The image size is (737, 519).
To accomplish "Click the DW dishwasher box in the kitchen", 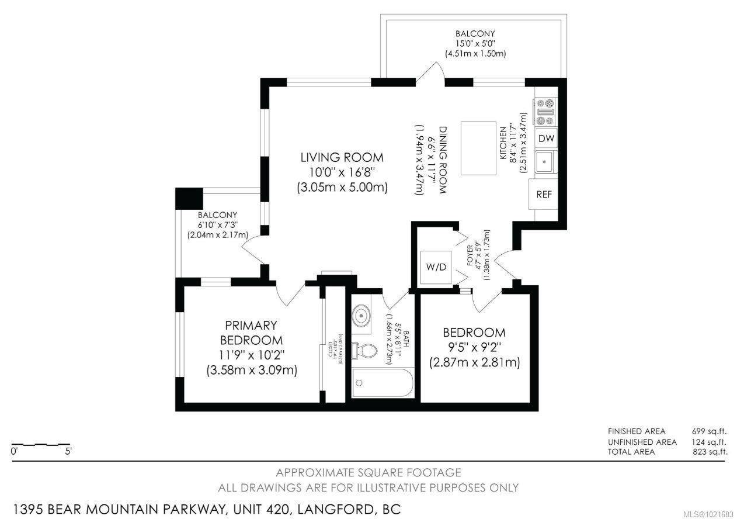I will coord(546,139).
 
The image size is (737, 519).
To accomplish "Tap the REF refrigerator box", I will coord(544,195).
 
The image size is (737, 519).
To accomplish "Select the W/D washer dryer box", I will coord(436,268).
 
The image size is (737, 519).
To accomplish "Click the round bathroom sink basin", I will coord(362,316).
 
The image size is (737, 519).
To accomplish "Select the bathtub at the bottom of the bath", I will coord(383,384).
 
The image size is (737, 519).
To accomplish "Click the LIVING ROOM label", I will coord(342,157).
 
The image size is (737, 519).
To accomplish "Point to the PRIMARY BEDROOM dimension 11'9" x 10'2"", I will coord(251,355).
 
